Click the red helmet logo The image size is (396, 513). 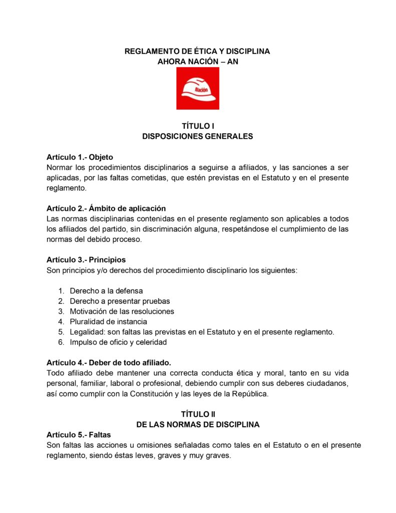(x=197, y=88)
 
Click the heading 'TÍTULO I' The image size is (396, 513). (x=197, y=126)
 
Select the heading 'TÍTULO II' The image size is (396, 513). (x=197, y=414)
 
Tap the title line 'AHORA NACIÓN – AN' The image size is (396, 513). (x=197, y=62)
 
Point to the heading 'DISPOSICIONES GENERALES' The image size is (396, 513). (x=197, y=136)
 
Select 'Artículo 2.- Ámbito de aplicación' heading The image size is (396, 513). (x=106, y=208)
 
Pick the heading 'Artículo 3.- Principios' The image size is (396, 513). (x=86, y=260)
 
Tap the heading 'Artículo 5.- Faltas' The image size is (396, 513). (x=79, y=434)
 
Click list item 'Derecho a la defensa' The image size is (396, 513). (x=106, y=291)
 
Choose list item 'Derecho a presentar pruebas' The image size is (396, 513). (x=120, y=301)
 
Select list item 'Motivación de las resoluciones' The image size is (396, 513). (x=122, y=311)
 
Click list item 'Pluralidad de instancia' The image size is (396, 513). (x=108, y=322)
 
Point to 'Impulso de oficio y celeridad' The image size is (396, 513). (x=118, y=343)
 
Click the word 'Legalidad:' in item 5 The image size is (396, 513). (x=88, y=332)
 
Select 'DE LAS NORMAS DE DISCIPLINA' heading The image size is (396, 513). (x=197, y=424)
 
